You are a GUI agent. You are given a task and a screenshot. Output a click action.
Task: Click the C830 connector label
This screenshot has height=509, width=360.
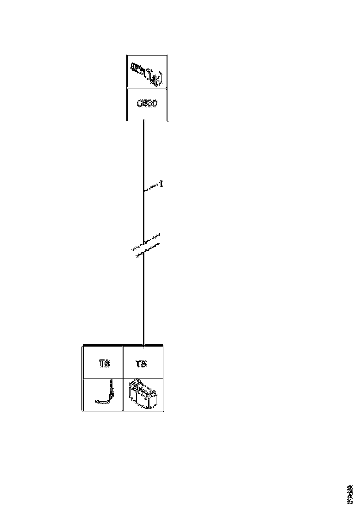tap(147, 104)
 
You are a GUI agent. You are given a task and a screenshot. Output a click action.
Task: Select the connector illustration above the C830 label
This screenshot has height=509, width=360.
tap(147, 73)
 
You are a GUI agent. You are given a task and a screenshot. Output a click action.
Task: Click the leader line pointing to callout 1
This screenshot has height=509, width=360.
tap(152, 188)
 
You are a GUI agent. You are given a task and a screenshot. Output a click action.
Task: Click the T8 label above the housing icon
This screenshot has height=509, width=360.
tap(142, 364)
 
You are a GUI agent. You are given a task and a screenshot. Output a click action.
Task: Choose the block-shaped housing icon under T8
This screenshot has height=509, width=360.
tap(143, 394)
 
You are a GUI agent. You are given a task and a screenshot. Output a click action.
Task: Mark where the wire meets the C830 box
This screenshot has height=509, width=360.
tap(144, 121)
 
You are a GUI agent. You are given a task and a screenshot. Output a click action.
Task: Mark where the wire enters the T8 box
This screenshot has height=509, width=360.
tap(144, 345)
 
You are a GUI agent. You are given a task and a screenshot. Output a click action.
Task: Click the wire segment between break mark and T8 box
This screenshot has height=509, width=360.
tap(144, 301)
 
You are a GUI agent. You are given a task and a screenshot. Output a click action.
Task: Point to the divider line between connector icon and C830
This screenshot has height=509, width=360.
tap(147, 88)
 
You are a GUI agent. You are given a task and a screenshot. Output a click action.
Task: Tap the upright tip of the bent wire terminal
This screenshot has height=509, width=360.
tap(112, 384)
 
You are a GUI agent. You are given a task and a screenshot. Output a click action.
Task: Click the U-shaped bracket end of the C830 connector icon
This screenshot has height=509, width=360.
tap(159, 79)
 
